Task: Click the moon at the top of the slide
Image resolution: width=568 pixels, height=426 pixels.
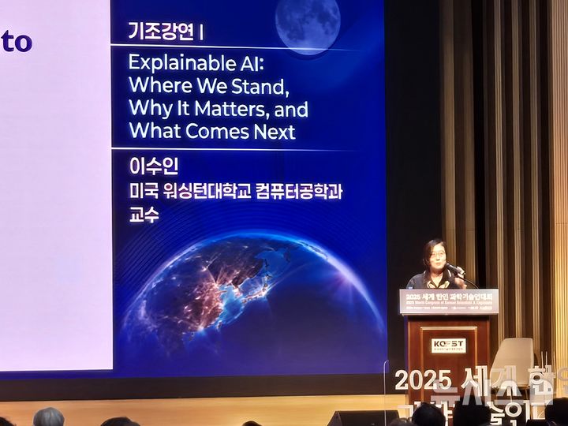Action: coord(308,24)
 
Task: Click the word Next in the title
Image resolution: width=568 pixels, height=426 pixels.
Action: coord(272,131)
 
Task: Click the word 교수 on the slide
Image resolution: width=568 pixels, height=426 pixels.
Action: coord(144,215)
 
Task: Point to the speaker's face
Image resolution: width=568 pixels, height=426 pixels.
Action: coord(435,256)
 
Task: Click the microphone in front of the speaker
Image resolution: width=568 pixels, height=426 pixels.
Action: coord(455,270)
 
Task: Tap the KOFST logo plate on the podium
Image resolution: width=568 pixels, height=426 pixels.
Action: coord(448,346)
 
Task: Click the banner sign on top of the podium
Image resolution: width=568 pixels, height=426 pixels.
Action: coord(449,301)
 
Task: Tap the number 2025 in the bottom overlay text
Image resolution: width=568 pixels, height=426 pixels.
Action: coord(423,379)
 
